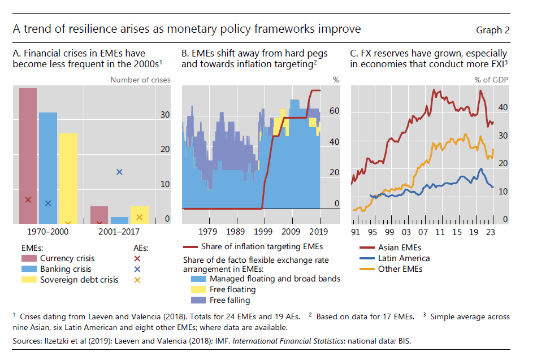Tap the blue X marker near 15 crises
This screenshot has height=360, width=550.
coord(119,172)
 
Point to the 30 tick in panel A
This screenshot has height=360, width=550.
coord(164,115)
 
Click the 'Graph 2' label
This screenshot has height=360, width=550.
coord(492,30)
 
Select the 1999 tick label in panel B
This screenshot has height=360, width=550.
coord(263,231)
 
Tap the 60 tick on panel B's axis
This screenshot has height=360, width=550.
coord(334,111)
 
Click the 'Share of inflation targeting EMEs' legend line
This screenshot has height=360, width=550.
coord(193,247)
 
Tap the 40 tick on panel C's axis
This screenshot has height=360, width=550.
coord(503,107)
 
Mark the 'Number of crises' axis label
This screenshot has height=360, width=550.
coord(140,80)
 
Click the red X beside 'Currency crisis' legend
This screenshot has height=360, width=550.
coord(137,258)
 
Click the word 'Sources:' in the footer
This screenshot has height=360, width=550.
coord(26,341)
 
